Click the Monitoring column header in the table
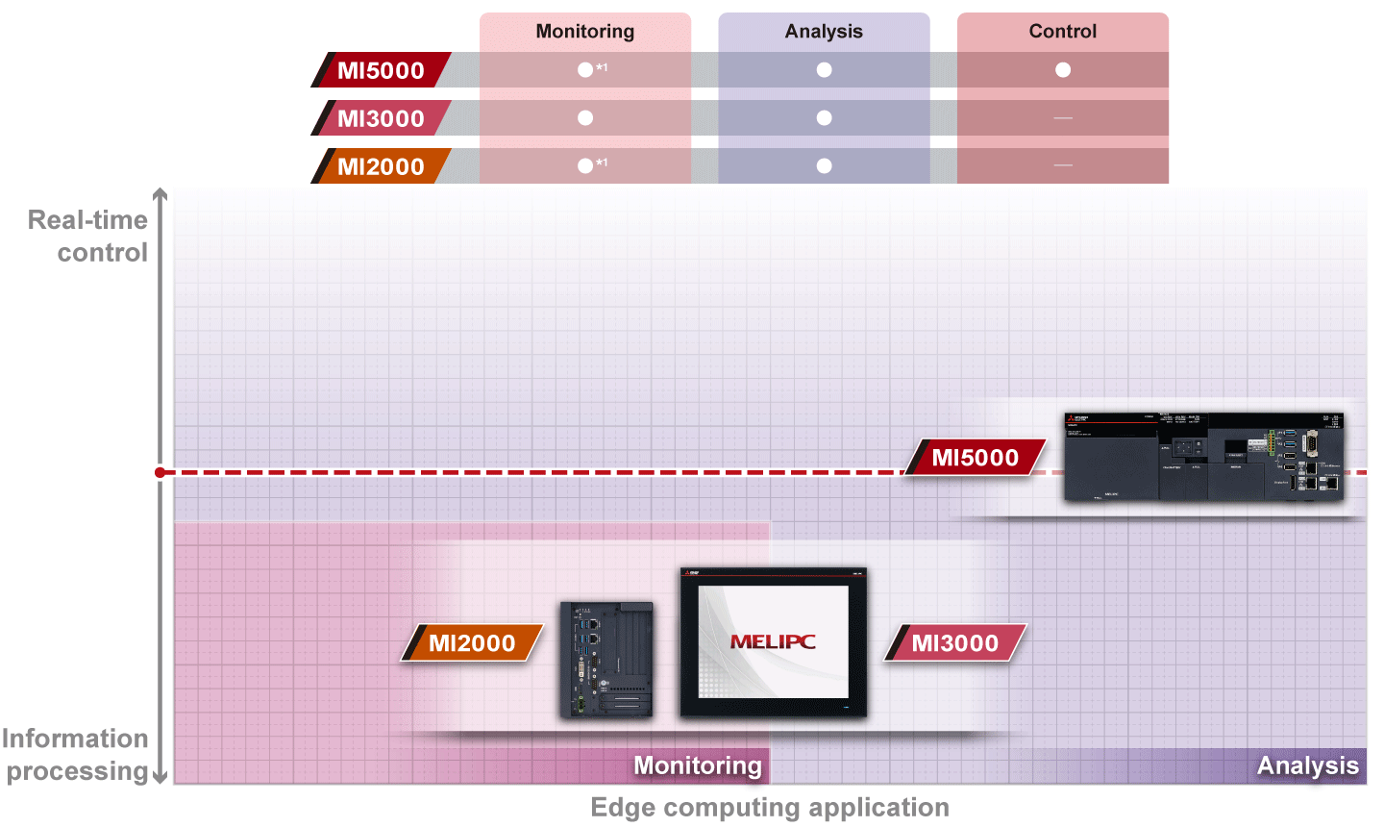(584, 32)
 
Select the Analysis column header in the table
(824, 32)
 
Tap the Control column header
(1062, 32)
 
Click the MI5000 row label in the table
(381, 70)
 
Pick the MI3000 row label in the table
(381, 118)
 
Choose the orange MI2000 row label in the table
(381, 166)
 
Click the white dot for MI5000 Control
(1062, 70)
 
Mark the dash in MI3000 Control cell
(1062, 118)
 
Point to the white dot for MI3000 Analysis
(824, 118)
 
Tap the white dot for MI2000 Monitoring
(584, 166)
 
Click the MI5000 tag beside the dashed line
(975, 458)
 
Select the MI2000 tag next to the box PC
(472, 643)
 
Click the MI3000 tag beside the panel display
(954, 643)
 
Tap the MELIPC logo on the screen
(773, 641)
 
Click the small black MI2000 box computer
(606, 660)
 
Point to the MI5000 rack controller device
(1203, 457)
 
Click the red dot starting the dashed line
(161, 472)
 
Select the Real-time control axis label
(88, 237)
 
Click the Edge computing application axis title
(770, 808)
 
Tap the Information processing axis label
(77, 755)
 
